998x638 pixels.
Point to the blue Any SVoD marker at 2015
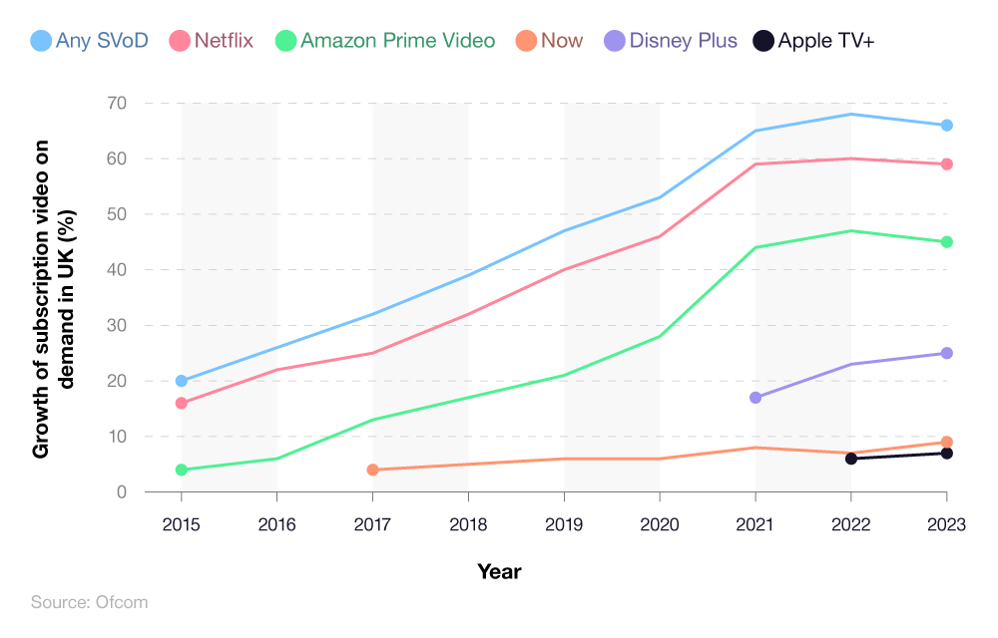182,381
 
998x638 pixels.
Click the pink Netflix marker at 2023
947,164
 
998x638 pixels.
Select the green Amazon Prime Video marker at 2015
182,470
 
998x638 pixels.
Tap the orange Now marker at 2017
372,470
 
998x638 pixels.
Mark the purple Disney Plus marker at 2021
755,398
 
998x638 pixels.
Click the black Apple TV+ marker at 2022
851,459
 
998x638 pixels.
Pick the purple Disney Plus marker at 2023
947,353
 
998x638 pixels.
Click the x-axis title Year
499,572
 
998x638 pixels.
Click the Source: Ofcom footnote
90,602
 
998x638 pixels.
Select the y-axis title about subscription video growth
55,297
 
